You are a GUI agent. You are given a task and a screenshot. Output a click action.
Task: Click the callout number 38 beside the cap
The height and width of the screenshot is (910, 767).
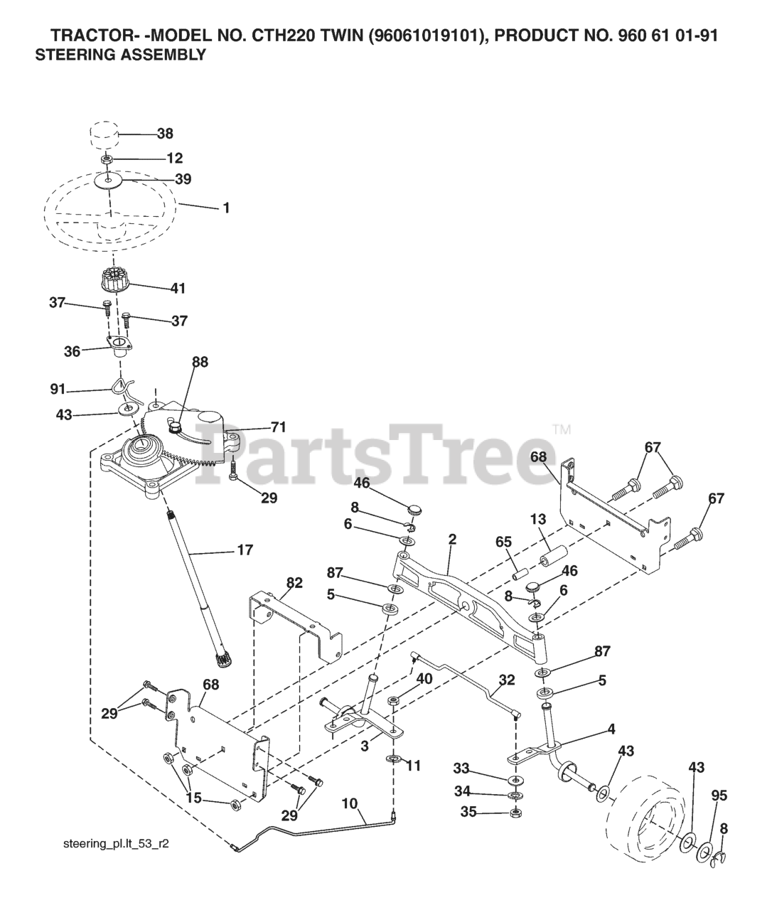[x=165, y=133]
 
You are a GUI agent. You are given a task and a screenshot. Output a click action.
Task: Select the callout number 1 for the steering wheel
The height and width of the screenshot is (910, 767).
[x=225, y=208]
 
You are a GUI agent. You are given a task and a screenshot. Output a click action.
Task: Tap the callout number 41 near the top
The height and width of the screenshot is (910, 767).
[x=177, y=288]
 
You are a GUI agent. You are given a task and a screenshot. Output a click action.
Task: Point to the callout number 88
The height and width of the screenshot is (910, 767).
[x=200, y=361]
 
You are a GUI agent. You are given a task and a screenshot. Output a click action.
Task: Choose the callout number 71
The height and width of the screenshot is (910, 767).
[x=277, y=427]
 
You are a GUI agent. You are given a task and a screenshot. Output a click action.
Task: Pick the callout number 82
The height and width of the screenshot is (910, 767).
[x=294, y=582]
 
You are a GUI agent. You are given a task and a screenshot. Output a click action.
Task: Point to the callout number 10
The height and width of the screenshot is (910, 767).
[x=348, y=804]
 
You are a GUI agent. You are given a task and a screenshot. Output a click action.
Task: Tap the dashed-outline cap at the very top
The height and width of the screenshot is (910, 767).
[x=104, y=134]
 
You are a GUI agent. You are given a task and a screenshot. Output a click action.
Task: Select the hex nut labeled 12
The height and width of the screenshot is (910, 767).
[x=107, y=158]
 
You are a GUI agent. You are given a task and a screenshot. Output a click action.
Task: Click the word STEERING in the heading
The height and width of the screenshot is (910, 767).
[x=69, y=55]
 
